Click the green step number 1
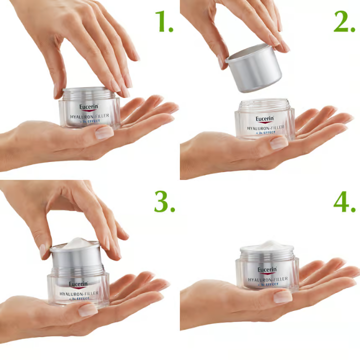(x=163, y=21)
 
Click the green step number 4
(x=344, y=201)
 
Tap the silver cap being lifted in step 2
(x=254, y=67)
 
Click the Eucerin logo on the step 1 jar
(x=88, y=106)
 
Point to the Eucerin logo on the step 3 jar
(x=78, y=284)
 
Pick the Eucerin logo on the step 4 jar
(x=267, y=269)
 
